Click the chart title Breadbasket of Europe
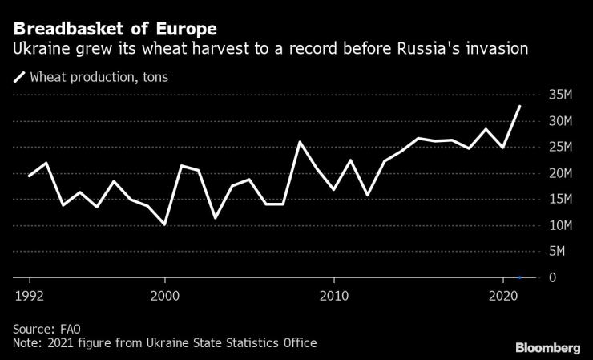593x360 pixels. tap(114, 29)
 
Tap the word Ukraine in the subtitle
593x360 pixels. tap(38, 50)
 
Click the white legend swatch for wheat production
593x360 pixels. tap(18, 78)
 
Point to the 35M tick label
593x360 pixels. tap(561, 95)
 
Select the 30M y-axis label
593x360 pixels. tap(561, 121)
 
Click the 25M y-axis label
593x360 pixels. tap(561, 148)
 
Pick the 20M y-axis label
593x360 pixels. tap(561, 173)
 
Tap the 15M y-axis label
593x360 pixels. tap(561, 200)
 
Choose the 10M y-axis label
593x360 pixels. tap(561, 225)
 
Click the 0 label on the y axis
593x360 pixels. tap(553, 277)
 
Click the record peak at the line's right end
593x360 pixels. tap(519, 106)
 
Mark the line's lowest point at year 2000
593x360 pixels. tap(164, 224)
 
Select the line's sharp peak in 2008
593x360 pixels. tap(300, 142)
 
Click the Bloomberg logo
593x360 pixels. tap(547, 347)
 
